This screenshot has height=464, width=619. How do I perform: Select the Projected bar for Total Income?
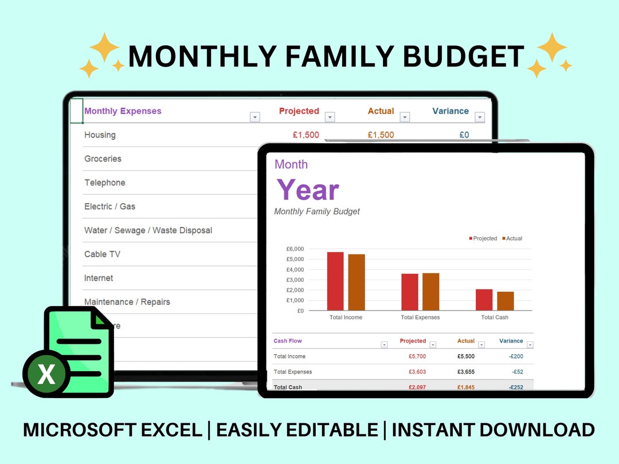point(335,281)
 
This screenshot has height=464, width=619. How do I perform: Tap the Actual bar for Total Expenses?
point(430,292)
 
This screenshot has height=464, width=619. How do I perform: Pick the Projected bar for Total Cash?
point(484,300)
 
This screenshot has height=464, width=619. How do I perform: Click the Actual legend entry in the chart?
point(512,238)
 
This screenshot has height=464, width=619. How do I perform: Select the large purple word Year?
point(308,190)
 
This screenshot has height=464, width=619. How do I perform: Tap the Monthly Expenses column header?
point(123,111)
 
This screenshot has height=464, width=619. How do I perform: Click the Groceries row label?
point(103,159)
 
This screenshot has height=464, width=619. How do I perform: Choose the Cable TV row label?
point(102,254)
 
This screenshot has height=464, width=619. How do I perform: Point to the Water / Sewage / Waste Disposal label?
point(148,230)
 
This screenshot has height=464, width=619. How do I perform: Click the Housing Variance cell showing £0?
point(464,135)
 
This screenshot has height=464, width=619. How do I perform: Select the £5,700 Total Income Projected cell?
point(417,356)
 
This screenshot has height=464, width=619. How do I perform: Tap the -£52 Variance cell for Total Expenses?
point(518,372)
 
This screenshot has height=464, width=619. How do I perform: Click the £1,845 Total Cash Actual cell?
point(465,387)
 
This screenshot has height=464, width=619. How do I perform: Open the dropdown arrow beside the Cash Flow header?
point(384,345)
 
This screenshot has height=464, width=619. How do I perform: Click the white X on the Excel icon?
point(46,375)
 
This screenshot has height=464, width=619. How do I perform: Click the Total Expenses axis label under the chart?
point(420,317)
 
